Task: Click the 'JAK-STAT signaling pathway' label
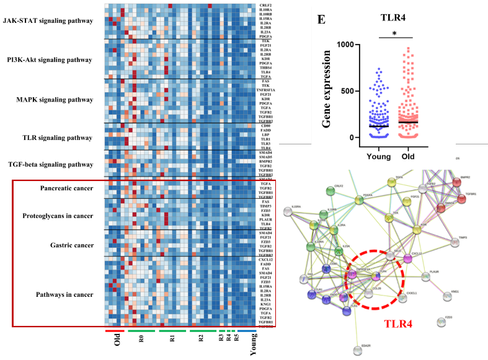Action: click(x=48, y=20)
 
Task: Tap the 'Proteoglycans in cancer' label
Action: click(x=66, y=216)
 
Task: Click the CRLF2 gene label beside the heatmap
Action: click(x=265, y=6)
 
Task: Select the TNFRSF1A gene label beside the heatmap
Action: click(x=265, y=90)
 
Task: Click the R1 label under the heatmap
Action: click(x=172, y=340)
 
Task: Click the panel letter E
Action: click(x=321, y=19)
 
